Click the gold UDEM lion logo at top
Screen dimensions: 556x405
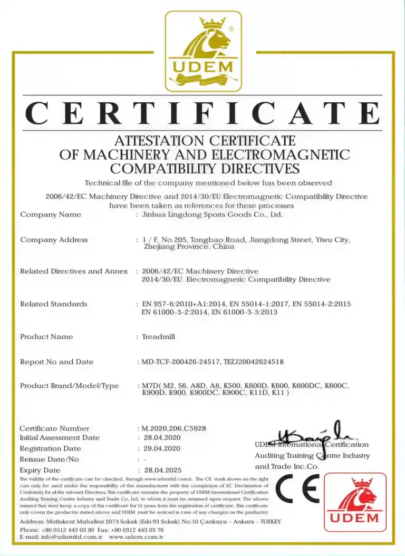pyautogui.click(x=203, y=51)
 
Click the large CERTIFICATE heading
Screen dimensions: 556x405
pyautogui.click(x=202, y=113)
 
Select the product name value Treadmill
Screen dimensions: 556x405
pyautogui.click(x=158, y=337)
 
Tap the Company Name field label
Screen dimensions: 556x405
pyautogui.click(x=51, y=214)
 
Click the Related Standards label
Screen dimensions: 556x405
pyautogui.click(x=54, y=304)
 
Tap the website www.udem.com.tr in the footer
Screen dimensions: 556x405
pyautogui.click(x=136, y=537)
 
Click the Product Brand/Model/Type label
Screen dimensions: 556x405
pyautogui.click(x=70, y=386)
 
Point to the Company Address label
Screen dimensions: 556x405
pyautogui.click(x=54, y=240)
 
